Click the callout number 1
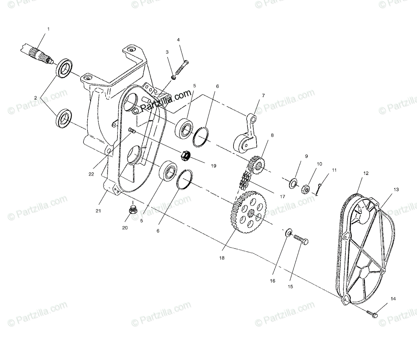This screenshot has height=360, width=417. point(48,29)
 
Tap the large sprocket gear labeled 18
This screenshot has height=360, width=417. point(247,212)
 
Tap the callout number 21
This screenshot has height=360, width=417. point(98,211)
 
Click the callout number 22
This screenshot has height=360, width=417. point(91,174)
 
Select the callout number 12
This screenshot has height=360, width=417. point(366,173)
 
